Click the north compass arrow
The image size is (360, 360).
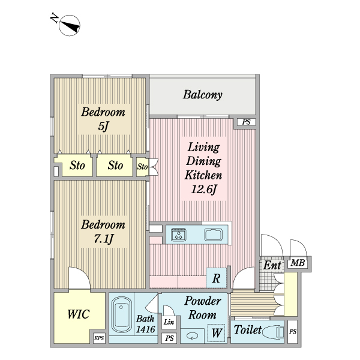[71, 26]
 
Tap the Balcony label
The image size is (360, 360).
[203, 95]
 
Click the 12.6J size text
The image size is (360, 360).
[203, 191]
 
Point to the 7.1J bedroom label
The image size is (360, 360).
[103, 232]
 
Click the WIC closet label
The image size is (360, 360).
[78, 314]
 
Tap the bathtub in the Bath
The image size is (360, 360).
[122, 315]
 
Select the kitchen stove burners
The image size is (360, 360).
[179, 234]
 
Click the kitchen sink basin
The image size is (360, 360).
[213, 234]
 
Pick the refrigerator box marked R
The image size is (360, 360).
[216, 278]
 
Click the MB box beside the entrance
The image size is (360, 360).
[296, 263]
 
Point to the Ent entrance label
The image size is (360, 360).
[272, 265]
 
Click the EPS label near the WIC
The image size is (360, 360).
[99, 339]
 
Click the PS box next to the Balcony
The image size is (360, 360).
[245, 122]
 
